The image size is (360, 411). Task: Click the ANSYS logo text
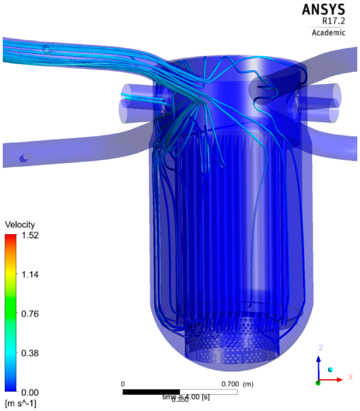click(x=323, y=9)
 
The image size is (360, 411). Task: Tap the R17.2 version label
click(x=333, y=21)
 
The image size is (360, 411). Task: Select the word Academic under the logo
click(x=328, y=32)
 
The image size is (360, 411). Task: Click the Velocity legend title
click(x=20, y=224)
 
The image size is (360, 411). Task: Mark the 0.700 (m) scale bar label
click(x=237, y=384)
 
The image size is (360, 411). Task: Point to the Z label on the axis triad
click(x=320, y=347)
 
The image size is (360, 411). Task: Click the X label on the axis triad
click(x=351, y=377)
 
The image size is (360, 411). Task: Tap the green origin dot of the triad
click(x=318, y=383)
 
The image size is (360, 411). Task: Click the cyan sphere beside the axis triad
click(x=331, y=370)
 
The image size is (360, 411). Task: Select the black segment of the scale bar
click(x=151, y=392)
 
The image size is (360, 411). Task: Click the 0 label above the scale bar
click(x=123, y=384)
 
